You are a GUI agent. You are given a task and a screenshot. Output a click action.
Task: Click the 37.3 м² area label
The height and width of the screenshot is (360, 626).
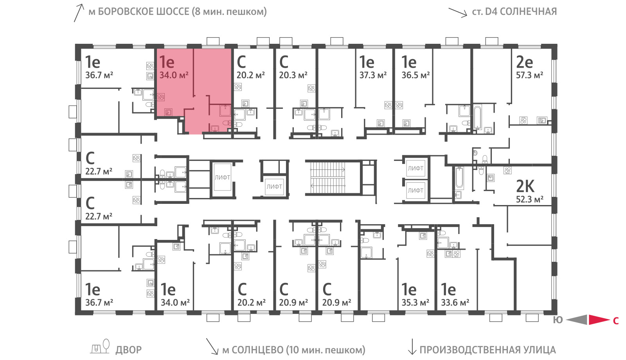point(373,75)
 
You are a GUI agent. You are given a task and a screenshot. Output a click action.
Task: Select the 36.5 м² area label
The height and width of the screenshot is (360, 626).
point(416,75)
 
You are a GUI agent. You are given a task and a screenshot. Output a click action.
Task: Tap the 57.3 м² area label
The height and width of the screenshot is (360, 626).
point(529,75)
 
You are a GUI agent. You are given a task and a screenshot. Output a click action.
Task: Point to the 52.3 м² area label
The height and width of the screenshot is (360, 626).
point(530,199)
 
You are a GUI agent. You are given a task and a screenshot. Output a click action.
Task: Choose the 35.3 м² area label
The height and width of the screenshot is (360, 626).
point(415,302)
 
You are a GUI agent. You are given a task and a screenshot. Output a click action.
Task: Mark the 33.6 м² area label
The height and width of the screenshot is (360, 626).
point(455,302)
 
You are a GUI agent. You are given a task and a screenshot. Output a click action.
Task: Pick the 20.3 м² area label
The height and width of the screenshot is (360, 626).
point(293,75)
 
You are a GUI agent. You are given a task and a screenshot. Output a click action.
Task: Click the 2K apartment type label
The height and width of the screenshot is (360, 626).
point(525,186)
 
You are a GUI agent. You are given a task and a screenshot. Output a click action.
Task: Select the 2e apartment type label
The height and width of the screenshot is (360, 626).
point(524,62)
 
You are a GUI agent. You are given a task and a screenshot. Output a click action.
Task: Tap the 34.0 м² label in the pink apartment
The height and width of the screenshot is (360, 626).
point(174,75)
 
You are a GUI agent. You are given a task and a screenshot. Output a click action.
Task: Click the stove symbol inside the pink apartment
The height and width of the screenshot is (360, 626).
point(161,97)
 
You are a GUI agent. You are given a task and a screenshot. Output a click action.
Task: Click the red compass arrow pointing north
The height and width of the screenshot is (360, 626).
point(599,320)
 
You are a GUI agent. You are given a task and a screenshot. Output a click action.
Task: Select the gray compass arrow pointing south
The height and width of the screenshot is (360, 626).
point(577,320)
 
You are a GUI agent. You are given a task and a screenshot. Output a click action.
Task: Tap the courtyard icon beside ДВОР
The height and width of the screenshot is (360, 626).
point(100,347)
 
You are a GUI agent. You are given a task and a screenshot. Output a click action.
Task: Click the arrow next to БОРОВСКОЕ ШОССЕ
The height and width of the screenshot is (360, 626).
point(79,13)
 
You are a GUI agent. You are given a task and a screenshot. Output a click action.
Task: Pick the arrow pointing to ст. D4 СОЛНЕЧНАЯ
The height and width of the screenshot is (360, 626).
point(458,13)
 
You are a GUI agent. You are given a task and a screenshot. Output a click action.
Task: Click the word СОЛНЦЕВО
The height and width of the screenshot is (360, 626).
point(257,350)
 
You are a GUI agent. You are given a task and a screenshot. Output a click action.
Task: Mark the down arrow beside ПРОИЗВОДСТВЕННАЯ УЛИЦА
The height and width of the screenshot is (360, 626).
point(412,347)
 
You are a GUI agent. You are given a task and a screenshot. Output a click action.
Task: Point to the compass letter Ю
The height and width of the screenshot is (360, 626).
point(558,320)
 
